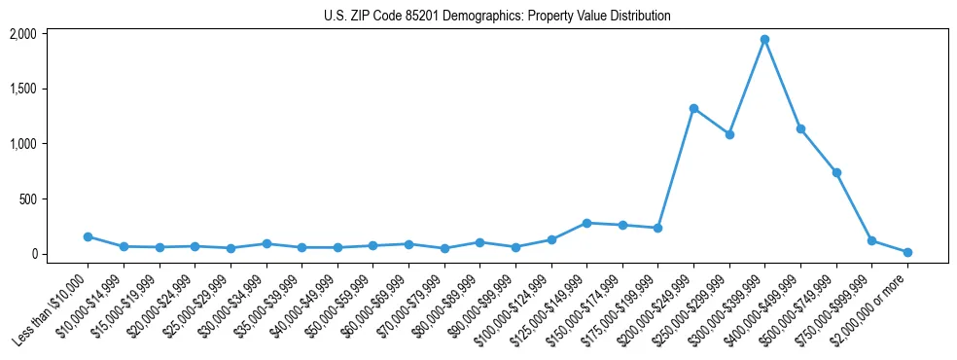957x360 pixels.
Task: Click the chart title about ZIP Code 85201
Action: coord(497,17)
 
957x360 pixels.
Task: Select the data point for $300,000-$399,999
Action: coord(764,39)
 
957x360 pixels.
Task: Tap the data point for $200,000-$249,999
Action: coord(693,108)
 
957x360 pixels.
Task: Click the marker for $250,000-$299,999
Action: coord(729,134)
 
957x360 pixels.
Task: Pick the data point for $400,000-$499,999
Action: coord(800,128)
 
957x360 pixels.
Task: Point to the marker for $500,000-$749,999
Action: coord(836,172)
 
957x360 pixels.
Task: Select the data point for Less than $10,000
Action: coord(88,236)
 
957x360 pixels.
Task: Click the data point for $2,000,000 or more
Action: coord(907,252)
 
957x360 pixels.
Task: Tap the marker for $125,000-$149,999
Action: coord(586,223)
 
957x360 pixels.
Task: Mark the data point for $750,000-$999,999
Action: coord(871,240)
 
